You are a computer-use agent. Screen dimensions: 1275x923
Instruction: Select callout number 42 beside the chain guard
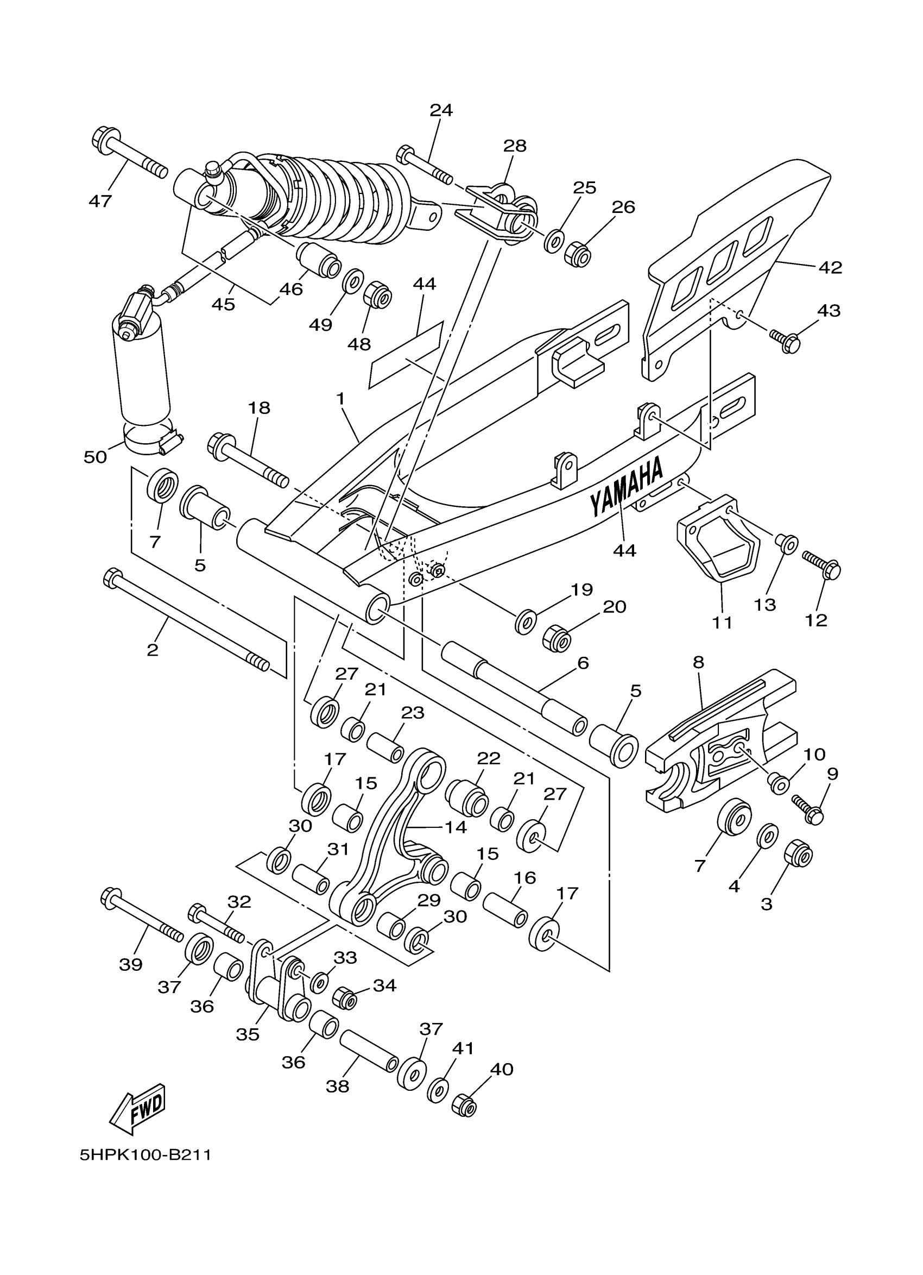830,268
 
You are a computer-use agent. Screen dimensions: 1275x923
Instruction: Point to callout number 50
95,457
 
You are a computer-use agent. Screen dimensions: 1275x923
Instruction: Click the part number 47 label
100,200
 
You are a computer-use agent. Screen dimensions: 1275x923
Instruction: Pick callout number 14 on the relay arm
455,827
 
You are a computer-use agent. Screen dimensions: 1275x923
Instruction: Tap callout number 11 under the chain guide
723,623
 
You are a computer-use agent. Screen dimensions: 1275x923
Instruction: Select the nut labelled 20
557,639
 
